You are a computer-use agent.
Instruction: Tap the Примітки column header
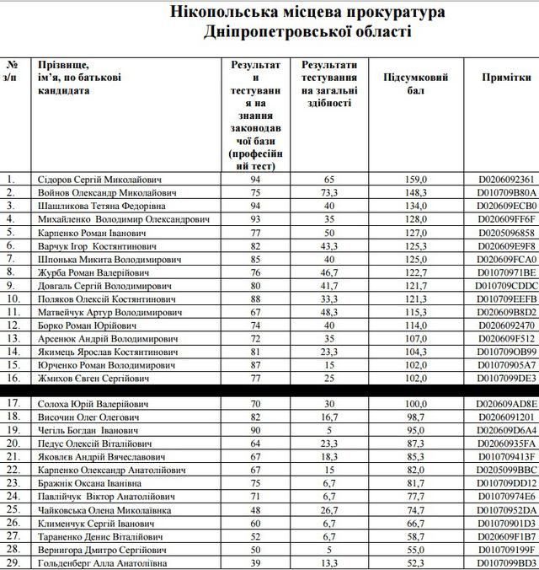[x=506, y=77]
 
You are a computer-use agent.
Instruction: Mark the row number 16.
[x=11, y=379]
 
